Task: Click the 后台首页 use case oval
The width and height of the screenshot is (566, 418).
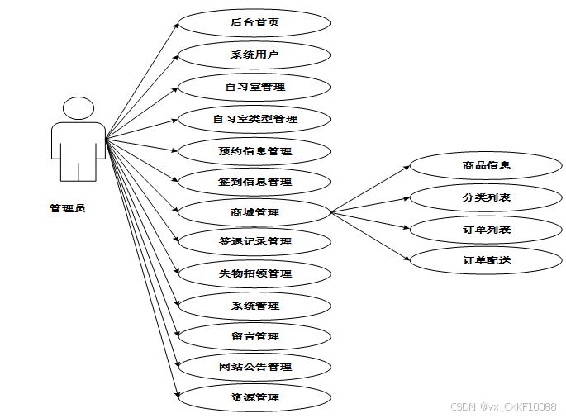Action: point(254,22)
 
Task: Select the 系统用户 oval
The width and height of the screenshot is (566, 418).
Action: point(254,55)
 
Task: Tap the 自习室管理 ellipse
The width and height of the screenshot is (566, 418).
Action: point(254,86)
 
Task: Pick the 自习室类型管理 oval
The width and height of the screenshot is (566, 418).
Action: point(254,119)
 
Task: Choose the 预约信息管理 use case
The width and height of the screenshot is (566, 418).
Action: point(254,151)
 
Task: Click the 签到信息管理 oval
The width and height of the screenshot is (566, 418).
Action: point(254,182)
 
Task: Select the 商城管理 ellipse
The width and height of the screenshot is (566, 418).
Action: point(254,212)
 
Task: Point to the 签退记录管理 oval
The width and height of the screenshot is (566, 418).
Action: point(254,242)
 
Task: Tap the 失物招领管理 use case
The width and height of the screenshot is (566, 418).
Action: point(254,273)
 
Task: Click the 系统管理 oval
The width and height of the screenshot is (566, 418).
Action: point(254,306)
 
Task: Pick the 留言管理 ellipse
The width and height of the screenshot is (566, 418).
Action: point(254,336)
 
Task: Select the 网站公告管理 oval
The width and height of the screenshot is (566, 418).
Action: point(254,367)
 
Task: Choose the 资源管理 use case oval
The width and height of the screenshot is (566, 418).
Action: point(254,397)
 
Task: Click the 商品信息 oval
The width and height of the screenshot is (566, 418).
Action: point(486,165)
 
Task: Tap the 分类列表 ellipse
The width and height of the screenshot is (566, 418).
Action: point(486,197)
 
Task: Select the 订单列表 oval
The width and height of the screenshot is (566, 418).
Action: point(486,230)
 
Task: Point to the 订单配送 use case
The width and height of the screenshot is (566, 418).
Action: point(486,260)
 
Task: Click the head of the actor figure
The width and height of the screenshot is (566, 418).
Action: point(78,109)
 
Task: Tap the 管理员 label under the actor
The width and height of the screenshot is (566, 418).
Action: point(67,208)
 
